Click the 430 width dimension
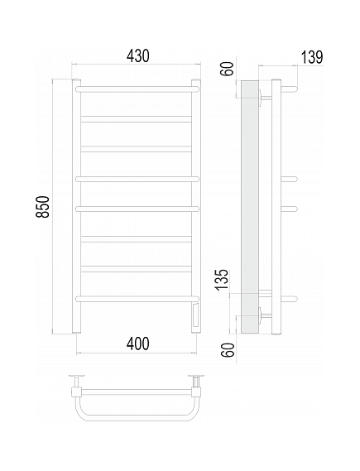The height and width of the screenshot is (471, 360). coord(138,55)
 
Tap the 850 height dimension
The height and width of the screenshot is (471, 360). coord(43,206)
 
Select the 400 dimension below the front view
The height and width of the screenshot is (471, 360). coord(138,344)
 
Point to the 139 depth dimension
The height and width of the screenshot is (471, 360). coord(312,57)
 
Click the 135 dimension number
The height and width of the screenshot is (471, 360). coord(223,280)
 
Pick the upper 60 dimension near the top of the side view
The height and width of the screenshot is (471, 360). coord(228,69)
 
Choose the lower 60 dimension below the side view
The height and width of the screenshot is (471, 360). coord(228,349)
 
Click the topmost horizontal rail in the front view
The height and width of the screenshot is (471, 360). coord(137,89)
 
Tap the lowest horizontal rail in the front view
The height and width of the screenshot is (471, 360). coord(137,299)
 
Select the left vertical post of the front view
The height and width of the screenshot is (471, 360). coord(77,206)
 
